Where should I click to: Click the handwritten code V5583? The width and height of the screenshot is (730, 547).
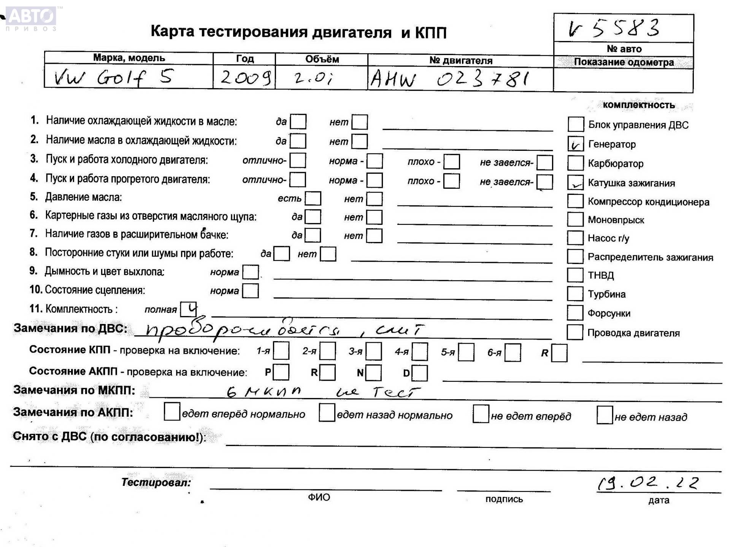pyautogui.click(x=614, y=28)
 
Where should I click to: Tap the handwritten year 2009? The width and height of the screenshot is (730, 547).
pyautogui.click(x=245, y=77)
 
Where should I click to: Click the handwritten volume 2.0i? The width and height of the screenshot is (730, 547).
pyautogui.click(x=313, y=78)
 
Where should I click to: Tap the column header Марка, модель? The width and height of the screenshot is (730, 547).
pyautogui.click(x=129, y=58)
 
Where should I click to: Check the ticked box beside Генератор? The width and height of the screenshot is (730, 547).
pyautogui.click(x=575, y=144)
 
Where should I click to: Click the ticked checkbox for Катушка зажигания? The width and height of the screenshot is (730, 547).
pyautogui.click(x=575, y=182)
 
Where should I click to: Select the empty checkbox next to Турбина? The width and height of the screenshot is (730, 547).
pyautogui.click(x=575, y=294)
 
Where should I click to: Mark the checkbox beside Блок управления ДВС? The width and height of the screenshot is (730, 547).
pyautogui.click(x=576, y=124)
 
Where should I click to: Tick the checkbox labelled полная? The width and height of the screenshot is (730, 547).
pyautogui.click(x=189, y=309)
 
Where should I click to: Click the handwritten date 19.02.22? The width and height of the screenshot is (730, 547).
pyautogui.click(x=648, y=483)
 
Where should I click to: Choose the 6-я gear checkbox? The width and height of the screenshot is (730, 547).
pyautogui.click(x=513, y=352)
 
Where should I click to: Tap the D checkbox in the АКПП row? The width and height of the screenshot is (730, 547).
pyautogui.click(x=420, y=373)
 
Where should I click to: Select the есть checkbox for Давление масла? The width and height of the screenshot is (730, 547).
pyautogui.click(x=313, y=198)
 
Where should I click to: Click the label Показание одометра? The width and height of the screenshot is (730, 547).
pyautogui.click(x=624, y=62)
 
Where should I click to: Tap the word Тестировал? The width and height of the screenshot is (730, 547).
pyautogui.click(x=156, y=482)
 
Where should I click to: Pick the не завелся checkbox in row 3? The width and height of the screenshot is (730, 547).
pyautogui.click(x=545, y=162)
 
